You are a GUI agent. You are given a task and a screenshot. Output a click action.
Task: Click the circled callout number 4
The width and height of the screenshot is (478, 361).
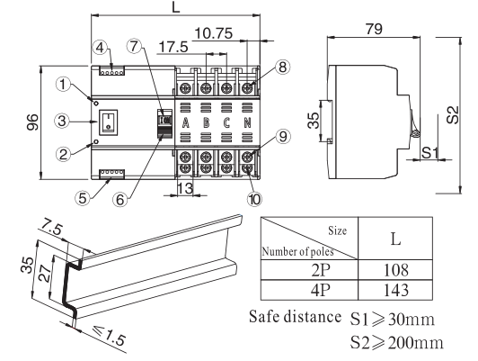pos(100,48)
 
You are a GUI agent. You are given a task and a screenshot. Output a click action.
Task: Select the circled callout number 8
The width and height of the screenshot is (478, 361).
pos(282,67)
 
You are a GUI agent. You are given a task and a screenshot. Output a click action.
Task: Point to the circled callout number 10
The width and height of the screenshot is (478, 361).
pos(254,199)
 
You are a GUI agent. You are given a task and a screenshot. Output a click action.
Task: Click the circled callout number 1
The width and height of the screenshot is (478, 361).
pos(63,84)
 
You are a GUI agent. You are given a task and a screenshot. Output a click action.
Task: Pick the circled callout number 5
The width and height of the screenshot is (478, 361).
pos(83,198)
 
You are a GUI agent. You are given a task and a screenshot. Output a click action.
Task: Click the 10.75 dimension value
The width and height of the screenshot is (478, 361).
pos(214,33)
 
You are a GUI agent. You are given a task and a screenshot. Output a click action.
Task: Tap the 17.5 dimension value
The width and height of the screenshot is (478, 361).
pos(173,47)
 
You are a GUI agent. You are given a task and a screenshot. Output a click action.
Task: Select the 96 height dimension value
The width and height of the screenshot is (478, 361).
pos(32,122)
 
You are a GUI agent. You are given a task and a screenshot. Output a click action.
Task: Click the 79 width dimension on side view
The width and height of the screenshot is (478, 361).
pos(374,29)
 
